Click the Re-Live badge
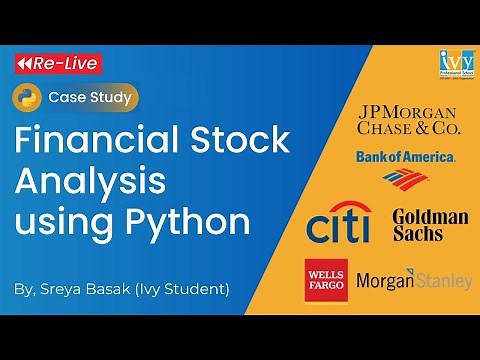click(x=56, y=64)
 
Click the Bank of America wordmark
click(x=405, y=157)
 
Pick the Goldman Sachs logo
click(x=430, y=225)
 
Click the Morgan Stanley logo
click(x=413, y=281)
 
